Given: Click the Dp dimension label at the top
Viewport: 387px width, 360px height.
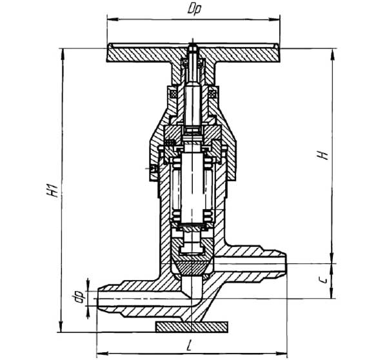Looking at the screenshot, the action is [195, 10].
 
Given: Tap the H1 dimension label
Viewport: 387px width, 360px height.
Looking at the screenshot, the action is [53, 190].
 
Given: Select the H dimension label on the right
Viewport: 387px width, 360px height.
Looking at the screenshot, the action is [323, 155].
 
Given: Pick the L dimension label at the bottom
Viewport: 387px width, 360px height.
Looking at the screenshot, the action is [189, 345].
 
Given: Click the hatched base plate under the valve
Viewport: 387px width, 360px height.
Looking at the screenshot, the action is [192, 327].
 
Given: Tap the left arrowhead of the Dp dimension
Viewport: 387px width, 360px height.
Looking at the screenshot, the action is [113, 19].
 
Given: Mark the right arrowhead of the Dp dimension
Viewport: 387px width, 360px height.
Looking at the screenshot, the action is [274, 19].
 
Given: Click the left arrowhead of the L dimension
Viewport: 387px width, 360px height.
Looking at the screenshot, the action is [102, 354].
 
